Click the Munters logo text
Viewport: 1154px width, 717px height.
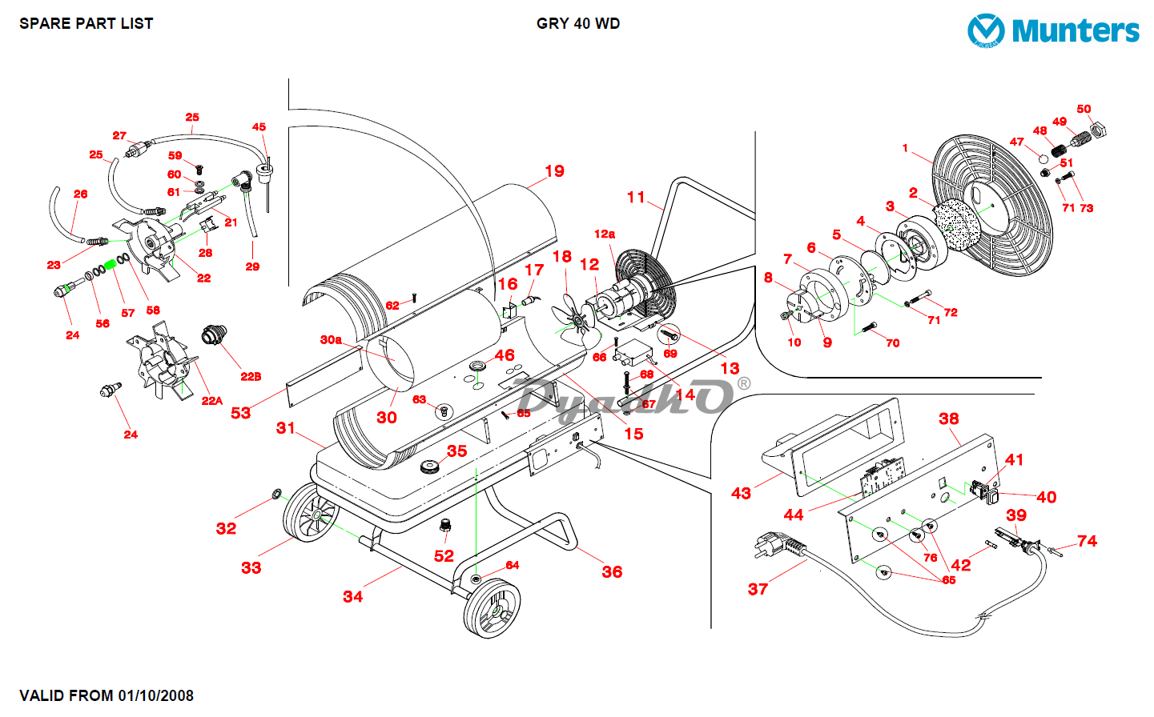click(1075, 31)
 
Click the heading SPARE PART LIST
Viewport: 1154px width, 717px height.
click(86, 24)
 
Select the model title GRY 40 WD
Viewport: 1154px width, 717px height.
click(577, 24)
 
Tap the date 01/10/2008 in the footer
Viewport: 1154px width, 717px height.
click(155, 695)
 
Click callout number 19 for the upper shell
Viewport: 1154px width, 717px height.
click(554, 171)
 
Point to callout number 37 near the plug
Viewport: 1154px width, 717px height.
click(758, 590)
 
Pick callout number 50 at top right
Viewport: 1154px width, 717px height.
click(1084, 110)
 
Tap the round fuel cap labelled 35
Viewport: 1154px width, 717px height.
click(432, 467)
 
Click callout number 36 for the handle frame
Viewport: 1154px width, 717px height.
click(612, 572)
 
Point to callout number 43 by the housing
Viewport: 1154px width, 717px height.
click(741, 494)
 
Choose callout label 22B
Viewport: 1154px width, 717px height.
click(251, 377)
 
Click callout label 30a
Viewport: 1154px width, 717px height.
click(331, 340)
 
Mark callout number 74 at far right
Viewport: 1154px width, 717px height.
click(1087, 542)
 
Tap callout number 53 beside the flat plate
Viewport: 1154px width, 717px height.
click(240, 413)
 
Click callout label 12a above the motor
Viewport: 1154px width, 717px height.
click(605, 234)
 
